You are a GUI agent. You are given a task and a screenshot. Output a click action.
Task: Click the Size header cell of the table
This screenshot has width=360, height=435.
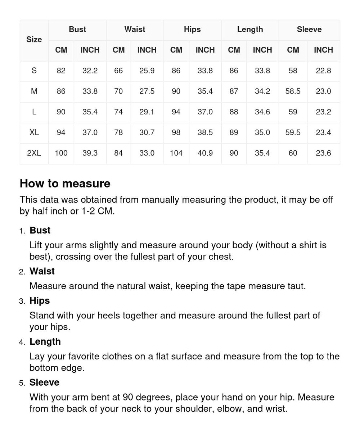pyautogui.click(x=34, y=40)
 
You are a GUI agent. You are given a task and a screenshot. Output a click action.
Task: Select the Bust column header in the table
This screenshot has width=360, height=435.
pyautogui.click(x=77, y=30)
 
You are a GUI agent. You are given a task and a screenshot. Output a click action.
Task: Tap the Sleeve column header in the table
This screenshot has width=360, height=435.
pyautogui.click(x=309, y=30)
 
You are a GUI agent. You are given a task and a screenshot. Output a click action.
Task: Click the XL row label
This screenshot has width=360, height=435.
pyautogui.click(x=34, y=132)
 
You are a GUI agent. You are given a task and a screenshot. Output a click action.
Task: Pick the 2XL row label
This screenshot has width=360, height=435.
pyautogui.click(x=34, y=153)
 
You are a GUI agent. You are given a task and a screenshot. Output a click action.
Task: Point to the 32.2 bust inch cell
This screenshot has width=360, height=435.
pyautogui.click(x=90, y=71)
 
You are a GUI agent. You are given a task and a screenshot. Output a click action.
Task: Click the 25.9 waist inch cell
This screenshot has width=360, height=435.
pyautogui.click(x=147, y=71)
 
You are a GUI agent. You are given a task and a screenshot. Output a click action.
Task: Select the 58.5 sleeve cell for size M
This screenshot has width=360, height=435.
pyautogui.click(x=293, y=91)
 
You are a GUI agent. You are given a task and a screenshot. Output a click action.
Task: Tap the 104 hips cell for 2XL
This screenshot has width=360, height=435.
pyautogui.click(x=176, y=153)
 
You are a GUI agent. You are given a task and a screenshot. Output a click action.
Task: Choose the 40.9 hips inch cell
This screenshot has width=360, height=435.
pyautogui.click(x=205, y=153)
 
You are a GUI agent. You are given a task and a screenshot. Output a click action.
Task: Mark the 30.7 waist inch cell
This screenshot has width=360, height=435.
pyautogui.click(x=147, y=132)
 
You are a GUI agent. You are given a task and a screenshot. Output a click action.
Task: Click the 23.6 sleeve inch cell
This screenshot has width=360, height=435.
pyautogui.click(x=323, y=153)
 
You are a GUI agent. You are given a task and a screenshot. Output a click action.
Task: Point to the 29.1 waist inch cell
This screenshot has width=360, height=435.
pyautogui.click(x=147, y=112)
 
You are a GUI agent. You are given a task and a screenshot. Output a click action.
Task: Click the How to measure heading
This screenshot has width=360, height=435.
pyautogui.click(x=65, y=183)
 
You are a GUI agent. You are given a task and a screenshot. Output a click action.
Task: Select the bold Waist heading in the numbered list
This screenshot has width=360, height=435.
pyautogui.click(x=42, y=271)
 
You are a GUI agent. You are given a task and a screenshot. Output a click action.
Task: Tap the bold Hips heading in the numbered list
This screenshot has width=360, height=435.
pyautogui.click(x=40, y=301)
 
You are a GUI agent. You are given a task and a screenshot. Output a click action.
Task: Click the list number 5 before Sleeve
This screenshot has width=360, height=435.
pyautogui.click(x=22, y=383)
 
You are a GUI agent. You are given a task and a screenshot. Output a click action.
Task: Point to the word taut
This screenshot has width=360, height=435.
pyautogui.click(x=296, y=286)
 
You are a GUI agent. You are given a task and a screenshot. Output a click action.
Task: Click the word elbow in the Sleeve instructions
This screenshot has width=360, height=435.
pyautogui.click(x=228, y=409)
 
